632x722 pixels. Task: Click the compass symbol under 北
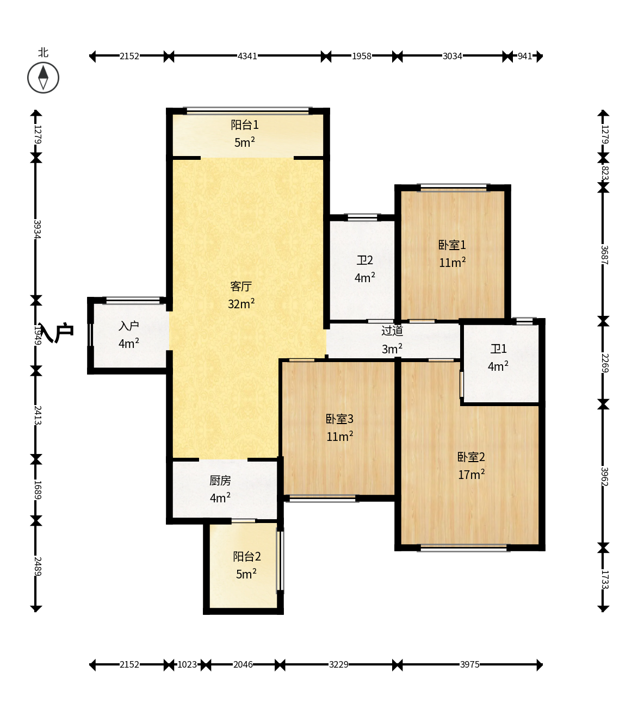pos(43,78)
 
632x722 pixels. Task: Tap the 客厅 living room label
pos(241,286)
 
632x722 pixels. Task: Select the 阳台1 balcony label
pos(245,125)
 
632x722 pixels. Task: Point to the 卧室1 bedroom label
pos(452,245)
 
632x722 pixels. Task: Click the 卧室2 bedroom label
pos(471,457)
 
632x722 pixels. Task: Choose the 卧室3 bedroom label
pos(339,419)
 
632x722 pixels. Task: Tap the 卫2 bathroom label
pos(365,260)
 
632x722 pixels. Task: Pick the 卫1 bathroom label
pos(498,349)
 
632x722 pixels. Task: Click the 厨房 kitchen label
pos(220,480)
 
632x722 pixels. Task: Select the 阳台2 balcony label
pos(247,557)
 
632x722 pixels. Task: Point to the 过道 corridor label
pos(392,331)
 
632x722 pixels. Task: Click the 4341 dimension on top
pos(247,56)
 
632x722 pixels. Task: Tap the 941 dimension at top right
pos(525,56)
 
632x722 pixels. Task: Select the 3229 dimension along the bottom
pos(339,664)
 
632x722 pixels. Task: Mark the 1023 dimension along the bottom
pos(187,664)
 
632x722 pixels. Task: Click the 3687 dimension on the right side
pos(604,255)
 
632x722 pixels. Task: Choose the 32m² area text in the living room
pos(241,303)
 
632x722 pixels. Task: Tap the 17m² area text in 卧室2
pos(472,474)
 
